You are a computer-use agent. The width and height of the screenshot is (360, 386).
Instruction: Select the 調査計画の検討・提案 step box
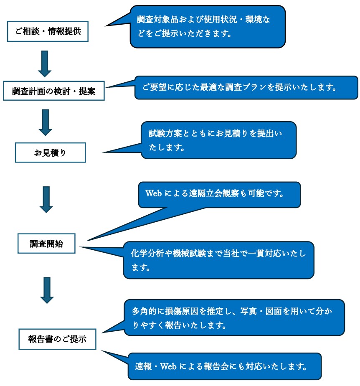point(53,91)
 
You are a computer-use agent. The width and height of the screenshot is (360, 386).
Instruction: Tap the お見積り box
point(50,153)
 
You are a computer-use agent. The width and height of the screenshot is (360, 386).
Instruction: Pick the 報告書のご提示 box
point(57,339)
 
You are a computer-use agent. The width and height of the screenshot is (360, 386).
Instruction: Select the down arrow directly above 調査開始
point(46,199)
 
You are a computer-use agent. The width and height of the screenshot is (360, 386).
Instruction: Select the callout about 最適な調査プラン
point(246,87)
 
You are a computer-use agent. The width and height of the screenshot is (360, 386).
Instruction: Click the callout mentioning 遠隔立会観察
point(219,194)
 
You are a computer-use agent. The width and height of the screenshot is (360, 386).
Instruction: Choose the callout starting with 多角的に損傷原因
point(234,317)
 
